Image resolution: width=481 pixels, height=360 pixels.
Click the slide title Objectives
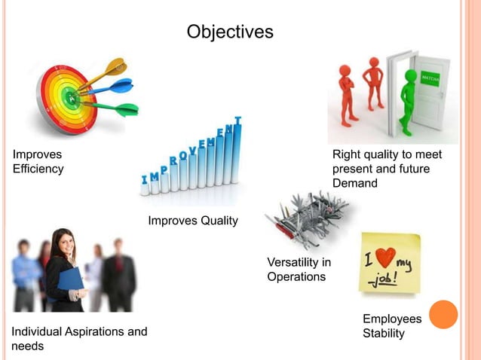pyautogui.click(x=230, y=32)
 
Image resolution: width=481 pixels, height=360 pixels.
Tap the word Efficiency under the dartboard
pyautogui.click(x=38, y=169)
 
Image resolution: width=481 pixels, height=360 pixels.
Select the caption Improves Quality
pyautogui.click(x=193, y=221)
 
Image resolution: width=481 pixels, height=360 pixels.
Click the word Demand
pyautogui.click(x=355, y=183)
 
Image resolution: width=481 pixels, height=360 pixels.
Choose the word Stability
pyautogui.click(x=384, y=334)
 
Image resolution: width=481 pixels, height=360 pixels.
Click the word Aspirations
pyautogui.click(x=93, y=331)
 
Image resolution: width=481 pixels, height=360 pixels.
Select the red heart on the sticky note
pyautogui.click(x=386, y=258)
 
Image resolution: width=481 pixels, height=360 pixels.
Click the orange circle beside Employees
pyautogui.click(x=443, y=315)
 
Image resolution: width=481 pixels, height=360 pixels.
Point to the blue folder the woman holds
pyautogui.click(x=70, y=280)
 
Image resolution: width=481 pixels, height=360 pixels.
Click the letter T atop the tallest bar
pyautogui.click(x=238, y=121)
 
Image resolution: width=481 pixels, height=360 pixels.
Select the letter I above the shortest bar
pyautogui.click(x=145, y=179)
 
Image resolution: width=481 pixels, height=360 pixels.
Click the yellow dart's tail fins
pyautogui.click(x=115, y=66)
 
